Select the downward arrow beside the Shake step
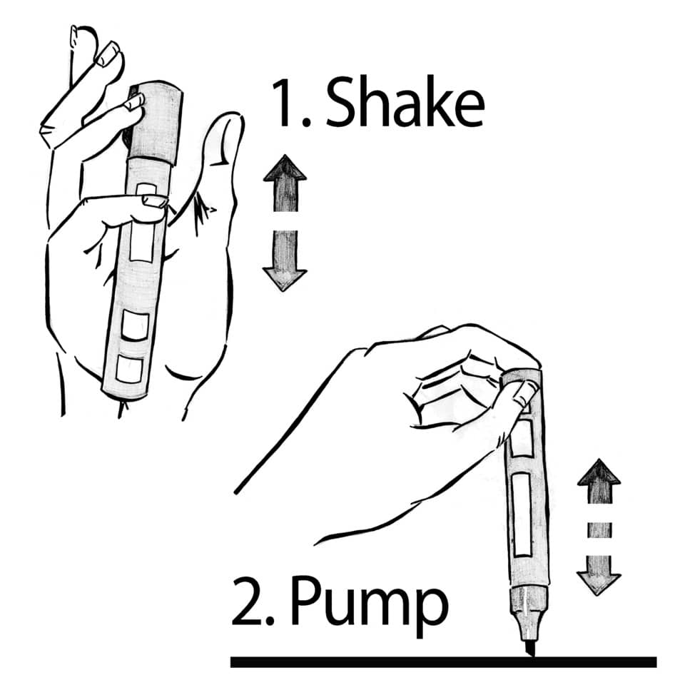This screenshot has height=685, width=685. tap(284, 260)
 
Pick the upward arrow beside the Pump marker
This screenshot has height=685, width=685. tap(598, 485)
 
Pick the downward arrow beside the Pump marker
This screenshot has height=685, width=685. tap(598, 571)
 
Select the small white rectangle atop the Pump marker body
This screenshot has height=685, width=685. tap(522, 437)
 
